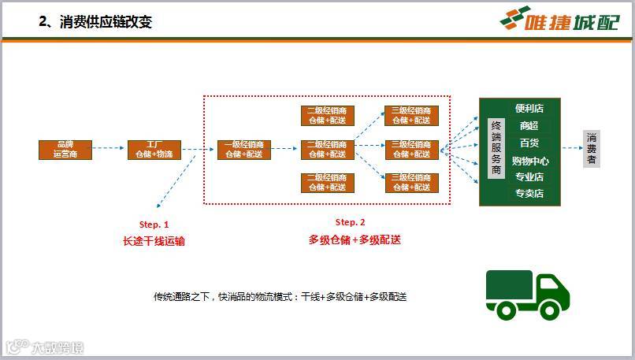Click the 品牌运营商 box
[65, 150]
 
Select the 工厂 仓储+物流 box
[154, 150]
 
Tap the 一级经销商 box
[244, 150]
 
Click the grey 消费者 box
[592, 149]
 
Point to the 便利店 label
[529, 109]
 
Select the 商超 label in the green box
[529, 126]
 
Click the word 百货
[529, 143]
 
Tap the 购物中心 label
[529, 160]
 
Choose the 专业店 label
[529, 176]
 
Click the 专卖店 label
[529, 193]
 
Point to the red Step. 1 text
[154, 225]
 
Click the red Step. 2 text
[351, 222]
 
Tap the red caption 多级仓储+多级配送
[355, 239]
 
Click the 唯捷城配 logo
[560, 18]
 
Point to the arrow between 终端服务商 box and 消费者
[571, 148]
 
